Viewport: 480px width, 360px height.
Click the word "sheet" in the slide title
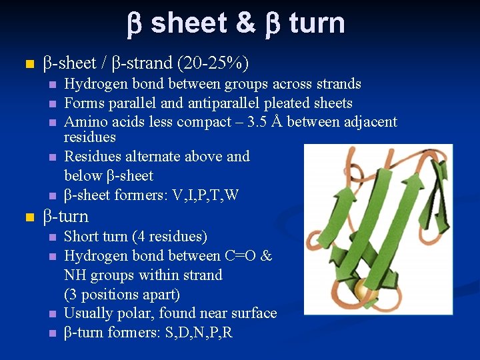189,23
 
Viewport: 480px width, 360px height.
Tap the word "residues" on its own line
89,137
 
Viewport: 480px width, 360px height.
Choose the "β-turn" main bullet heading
65,216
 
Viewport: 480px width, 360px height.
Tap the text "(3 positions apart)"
122,294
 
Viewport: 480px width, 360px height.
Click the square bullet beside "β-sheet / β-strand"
27,65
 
